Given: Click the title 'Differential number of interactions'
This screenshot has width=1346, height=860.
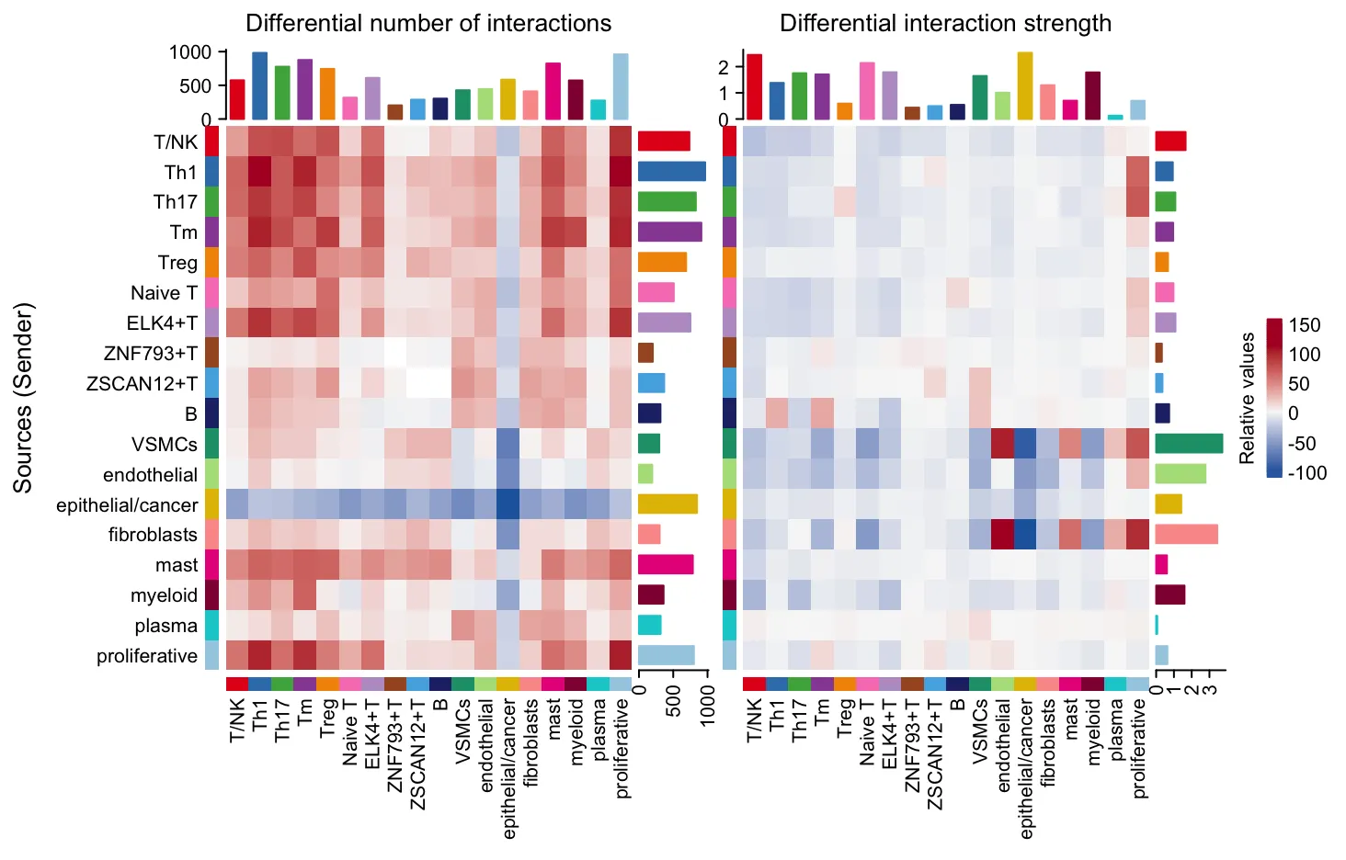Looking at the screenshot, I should tap(428, 23).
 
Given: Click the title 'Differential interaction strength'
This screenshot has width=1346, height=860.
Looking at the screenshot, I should tap(945, 23).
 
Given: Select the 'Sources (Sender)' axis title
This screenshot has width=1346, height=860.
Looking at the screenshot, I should tap(23, 397).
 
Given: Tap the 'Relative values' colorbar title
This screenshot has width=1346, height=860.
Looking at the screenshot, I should tap(1247, 398).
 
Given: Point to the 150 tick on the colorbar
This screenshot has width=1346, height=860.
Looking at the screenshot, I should tap(1305, 325).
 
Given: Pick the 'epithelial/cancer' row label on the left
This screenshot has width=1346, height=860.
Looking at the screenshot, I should tap(127, 505).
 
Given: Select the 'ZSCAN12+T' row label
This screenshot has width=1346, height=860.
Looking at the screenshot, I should tap(142, 383).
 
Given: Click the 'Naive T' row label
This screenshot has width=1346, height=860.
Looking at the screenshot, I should tap(164, 293).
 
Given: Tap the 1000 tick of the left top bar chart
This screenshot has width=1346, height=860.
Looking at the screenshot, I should tap(190, 52).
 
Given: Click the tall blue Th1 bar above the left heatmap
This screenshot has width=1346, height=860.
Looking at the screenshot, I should tap(259, 86).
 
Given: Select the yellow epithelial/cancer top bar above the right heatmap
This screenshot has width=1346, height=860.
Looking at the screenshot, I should tap(1025, 86).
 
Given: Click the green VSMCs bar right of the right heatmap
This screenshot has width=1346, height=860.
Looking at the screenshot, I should tap(1189, 444).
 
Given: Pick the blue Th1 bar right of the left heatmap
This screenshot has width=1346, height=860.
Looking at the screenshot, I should tap(671, 172).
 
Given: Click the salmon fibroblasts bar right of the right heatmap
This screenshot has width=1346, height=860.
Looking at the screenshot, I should tap(1186, 535).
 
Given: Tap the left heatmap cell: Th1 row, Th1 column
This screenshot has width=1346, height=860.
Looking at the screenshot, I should tap(259, 172).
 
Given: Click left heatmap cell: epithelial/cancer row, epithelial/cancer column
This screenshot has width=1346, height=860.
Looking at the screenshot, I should tap(508, 504).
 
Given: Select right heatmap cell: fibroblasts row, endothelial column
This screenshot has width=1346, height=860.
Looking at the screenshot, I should tap(1002, 534).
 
